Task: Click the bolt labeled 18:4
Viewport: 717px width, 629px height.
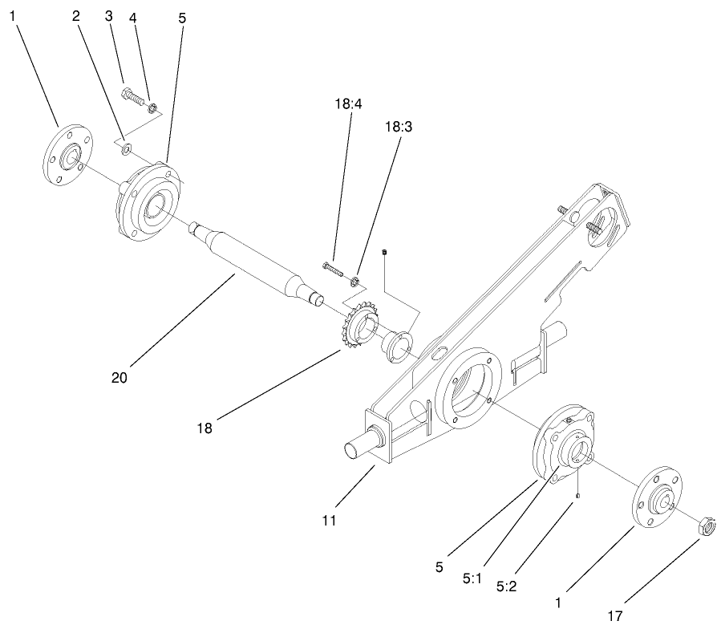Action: tap(332, 265)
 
